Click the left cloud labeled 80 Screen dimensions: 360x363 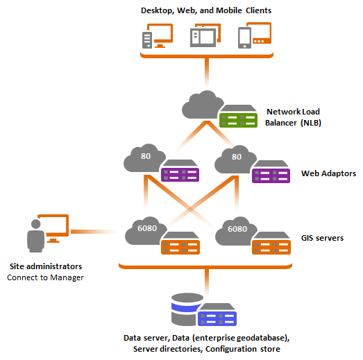click(x=143, y=159)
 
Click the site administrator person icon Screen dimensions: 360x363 click(x=34, y=237)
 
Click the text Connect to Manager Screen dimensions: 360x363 click(x=45, y=277)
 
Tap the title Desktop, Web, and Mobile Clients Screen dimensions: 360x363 click(x=206, y=10)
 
